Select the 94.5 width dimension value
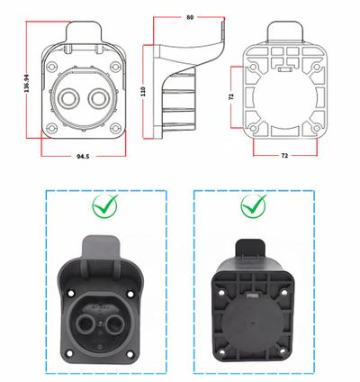[82, 156]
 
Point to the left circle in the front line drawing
[71, 99]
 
